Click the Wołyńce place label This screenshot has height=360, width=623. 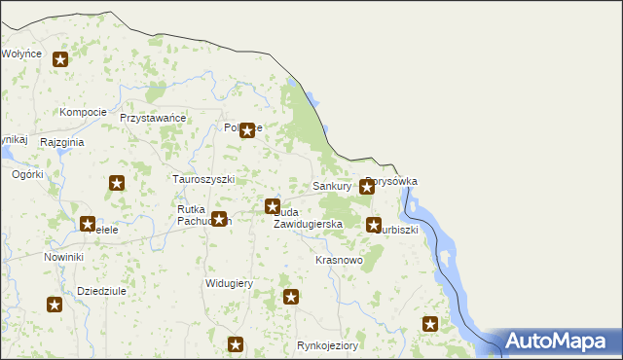[20, 54]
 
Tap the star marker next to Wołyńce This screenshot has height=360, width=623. [60, 60]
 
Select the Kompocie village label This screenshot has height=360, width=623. [83, 112]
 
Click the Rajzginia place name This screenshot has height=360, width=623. [62, 142]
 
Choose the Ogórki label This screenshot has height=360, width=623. [27, 175]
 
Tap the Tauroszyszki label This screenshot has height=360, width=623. [203, 180]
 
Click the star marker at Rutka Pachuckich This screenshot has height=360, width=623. [219, 219]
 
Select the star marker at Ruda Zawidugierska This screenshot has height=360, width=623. [273, 205]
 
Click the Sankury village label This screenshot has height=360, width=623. [332, 185]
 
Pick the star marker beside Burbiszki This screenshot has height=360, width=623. [374, 225]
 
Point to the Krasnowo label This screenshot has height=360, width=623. [340, 261]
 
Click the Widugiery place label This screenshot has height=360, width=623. [229, 284]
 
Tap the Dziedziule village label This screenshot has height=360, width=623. [104, 291]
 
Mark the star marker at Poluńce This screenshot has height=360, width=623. [247, 129]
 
